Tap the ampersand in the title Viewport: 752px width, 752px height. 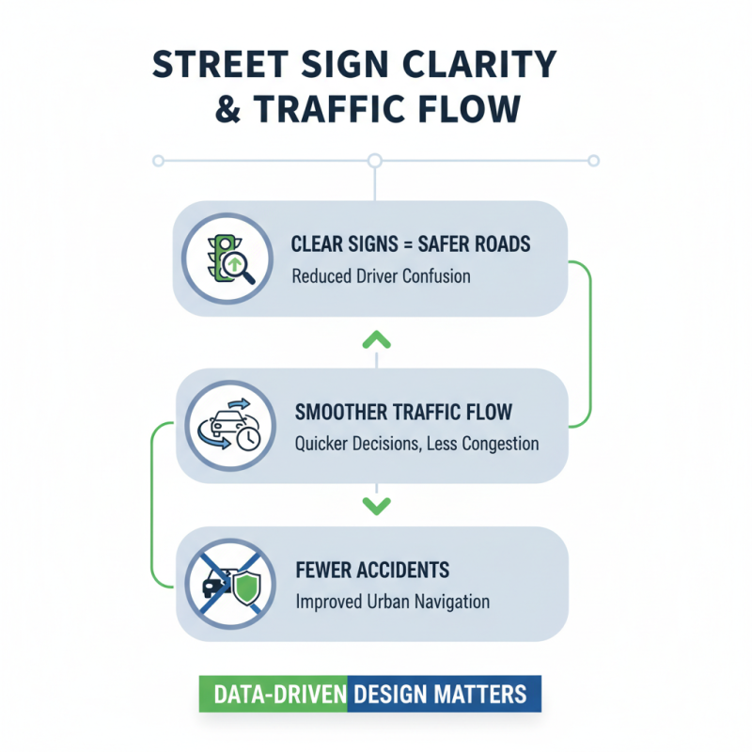[x=227, y=108]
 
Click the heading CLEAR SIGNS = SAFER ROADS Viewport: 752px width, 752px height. [x=412, y=245]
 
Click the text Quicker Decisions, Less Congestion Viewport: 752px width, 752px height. [x=416, y=444]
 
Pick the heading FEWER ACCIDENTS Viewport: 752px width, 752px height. [x=371, y=571]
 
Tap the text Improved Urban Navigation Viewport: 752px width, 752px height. [x=391, y=603]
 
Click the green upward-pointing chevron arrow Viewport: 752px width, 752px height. [x=375, y=337]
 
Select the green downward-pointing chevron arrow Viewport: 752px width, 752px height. [x=375, y=507]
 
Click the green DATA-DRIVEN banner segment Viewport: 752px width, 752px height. [x=274, y=694]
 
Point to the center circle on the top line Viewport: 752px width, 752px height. [x=375, y=161]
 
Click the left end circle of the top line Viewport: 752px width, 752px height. [x=159, y=161]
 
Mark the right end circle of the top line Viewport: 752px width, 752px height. [x=592, y=161]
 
